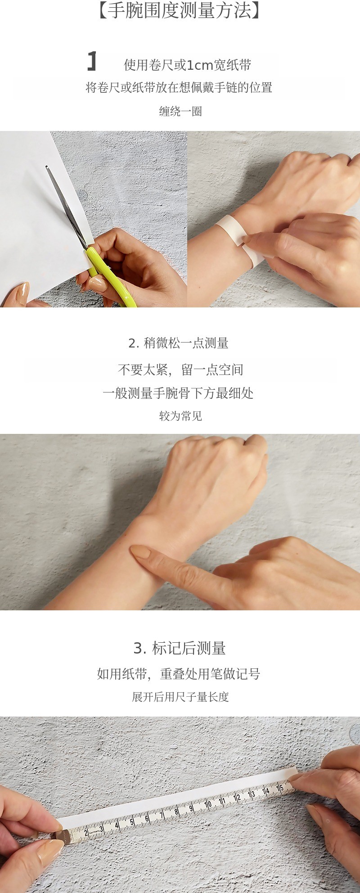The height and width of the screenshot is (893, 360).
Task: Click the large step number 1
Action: pos(92,61)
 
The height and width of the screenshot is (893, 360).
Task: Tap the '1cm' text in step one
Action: pos(199,65)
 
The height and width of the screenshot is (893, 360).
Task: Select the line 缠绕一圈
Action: pos(180,111)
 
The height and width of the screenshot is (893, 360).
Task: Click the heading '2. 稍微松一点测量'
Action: pos(178,343)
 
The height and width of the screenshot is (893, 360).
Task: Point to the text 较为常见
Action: pos(180,416)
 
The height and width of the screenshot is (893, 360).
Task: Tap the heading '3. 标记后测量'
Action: pos(180,648)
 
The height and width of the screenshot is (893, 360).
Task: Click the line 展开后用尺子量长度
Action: pos(180,697)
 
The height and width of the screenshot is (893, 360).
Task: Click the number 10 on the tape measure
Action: pos(208,804)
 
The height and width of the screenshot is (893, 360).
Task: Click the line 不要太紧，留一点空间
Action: pos(180,370)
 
